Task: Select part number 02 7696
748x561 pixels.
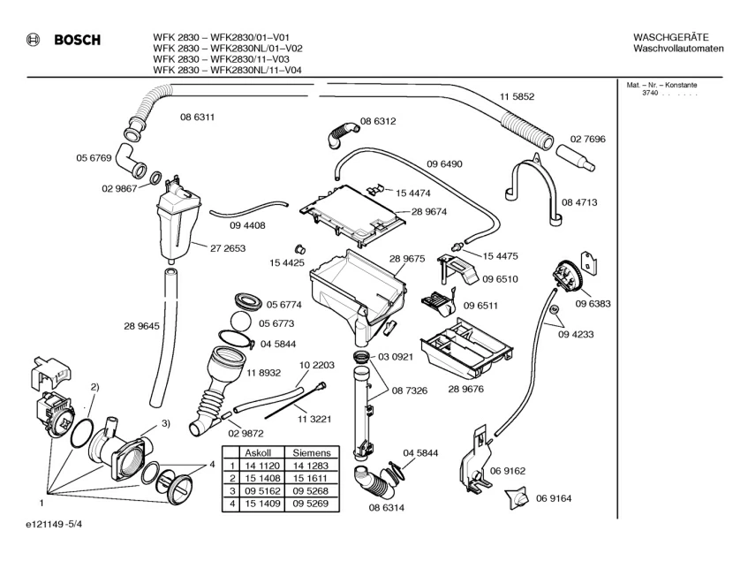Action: (587, 139)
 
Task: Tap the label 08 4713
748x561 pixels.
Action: (580, 202)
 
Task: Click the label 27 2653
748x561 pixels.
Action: (228, 249)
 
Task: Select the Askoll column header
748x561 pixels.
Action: (262, 451)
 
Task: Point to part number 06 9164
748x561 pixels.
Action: (553, 498)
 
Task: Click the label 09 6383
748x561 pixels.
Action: (593, 304)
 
